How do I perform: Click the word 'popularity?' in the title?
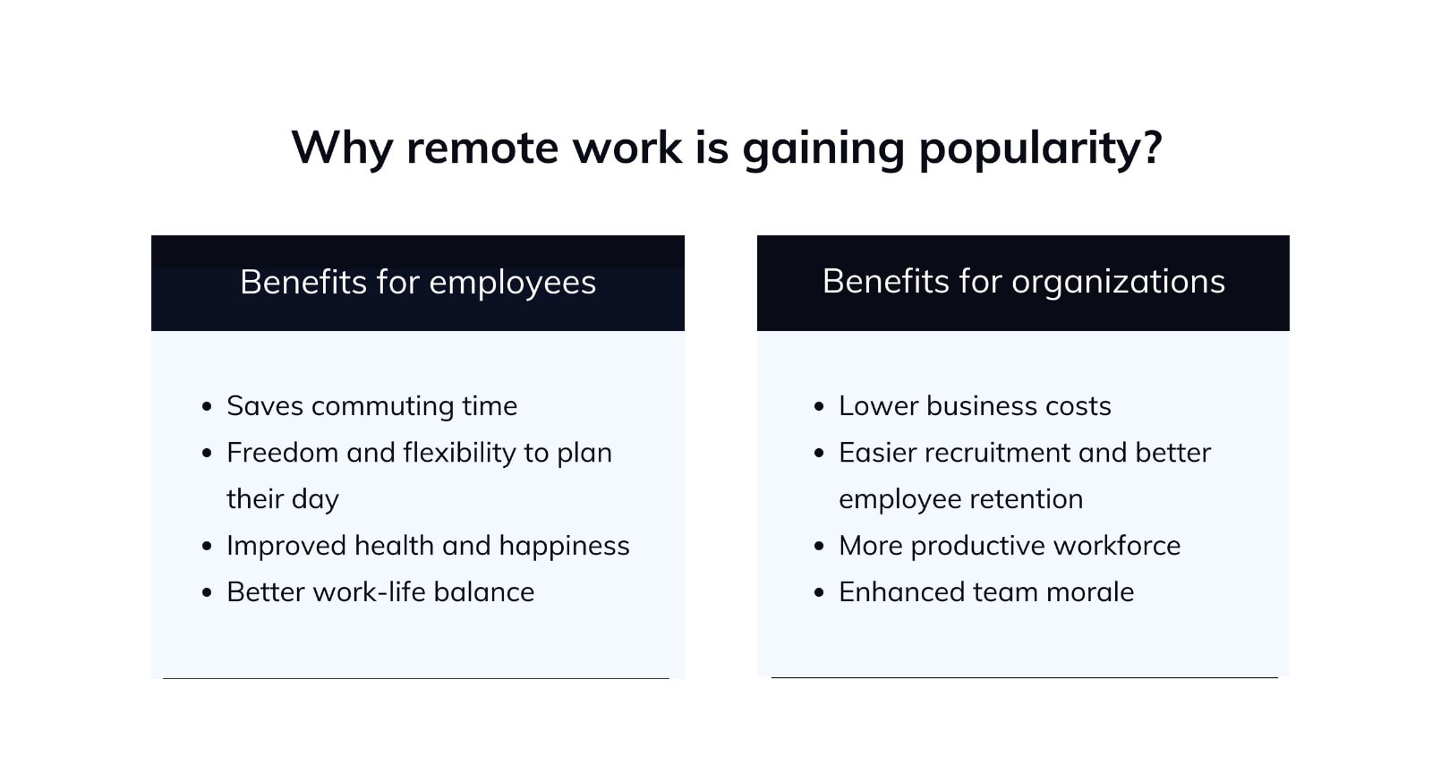[1040, 149]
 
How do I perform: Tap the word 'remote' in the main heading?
[482, 149]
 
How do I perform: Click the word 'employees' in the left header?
[512, 283]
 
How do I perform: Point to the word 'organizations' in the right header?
[1118, 282]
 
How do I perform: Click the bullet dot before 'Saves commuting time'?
[207, 407]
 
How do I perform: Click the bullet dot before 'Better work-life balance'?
[207, 593]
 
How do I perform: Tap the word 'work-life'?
[370, 592]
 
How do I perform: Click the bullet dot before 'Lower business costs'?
[819, 407]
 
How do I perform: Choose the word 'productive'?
[978, 547]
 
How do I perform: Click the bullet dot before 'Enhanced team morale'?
[819, 593]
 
